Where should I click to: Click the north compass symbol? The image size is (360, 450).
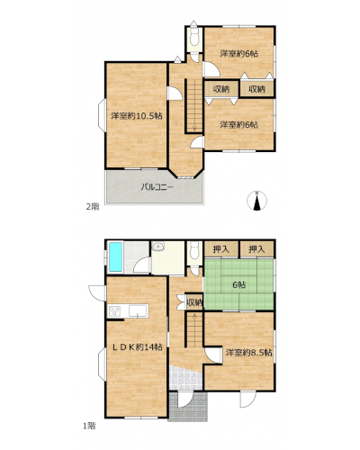[256, 201]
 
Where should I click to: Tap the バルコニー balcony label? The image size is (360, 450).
[157, 187]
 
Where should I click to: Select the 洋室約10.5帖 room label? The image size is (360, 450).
[137, 116]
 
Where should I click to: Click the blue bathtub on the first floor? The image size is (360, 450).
[115, 257]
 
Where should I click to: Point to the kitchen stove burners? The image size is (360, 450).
[114, 310]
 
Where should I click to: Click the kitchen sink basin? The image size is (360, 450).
[138, 310]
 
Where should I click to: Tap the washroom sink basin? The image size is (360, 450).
[157, 247]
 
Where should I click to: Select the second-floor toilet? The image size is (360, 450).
[194, 37]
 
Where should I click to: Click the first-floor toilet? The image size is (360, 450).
[194, 250]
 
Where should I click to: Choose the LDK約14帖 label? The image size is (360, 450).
[138, 347]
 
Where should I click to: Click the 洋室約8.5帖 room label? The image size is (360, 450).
[249, 353]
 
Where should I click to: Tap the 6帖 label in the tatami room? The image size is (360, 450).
[239, 284]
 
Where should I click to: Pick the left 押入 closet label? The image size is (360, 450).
[221, 249]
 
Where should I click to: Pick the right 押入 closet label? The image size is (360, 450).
[256, 249]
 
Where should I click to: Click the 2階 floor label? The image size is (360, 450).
[93, 207]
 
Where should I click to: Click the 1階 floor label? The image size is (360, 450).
[89, 426]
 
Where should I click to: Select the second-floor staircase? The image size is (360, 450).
[194, 105]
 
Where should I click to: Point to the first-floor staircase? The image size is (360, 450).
[194, 329]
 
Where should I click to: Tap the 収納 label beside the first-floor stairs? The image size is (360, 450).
[195, 302]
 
